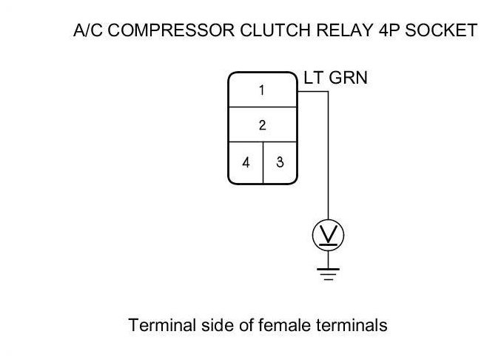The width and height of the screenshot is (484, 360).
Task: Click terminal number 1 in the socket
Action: pos(262,90)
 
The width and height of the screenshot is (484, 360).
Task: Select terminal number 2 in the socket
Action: pos(262,125)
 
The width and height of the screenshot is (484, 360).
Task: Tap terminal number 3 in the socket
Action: pos(280,161)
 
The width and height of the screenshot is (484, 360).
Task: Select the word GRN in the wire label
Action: pos(348,78)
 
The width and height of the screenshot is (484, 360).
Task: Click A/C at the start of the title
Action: pos(87,30)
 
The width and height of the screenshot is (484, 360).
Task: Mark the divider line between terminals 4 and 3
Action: pos(263,161)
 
